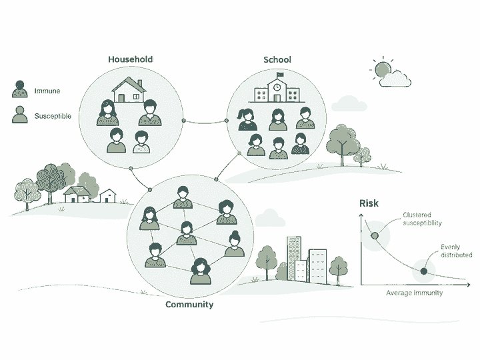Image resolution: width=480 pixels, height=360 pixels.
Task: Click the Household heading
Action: coord(131,59)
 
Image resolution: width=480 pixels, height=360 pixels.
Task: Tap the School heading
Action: coord(277,60)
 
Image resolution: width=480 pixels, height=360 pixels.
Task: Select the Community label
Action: coord(189,305)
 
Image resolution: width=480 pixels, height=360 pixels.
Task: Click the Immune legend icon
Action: coord(19,89)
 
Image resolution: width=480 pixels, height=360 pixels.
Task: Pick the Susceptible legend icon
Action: coord(19,115)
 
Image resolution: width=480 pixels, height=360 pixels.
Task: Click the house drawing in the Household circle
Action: coord(129,89)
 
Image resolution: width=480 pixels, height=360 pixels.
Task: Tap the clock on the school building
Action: coord(277,87)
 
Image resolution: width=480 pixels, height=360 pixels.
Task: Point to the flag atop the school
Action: coord(280,75)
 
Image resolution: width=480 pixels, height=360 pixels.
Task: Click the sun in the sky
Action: coord(383,69)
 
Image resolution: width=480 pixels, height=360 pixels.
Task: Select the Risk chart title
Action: coord(369,203)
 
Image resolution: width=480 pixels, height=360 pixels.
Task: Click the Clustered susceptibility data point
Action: coord(375,236)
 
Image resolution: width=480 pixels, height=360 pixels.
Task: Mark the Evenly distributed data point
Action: coord(424,271)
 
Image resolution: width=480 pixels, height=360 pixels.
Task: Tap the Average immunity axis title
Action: coord(414,293)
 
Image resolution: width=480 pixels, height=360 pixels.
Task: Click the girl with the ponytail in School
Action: coord(247,119)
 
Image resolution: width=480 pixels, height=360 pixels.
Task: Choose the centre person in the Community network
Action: coord(187,233)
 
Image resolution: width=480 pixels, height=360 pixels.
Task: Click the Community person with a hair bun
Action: coord(235,243)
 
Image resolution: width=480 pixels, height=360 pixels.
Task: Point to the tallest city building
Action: coord(294,259)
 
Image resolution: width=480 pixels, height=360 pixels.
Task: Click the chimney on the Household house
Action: coord(140,83)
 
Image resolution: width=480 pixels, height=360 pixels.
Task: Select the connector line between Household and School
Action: coord(205,123)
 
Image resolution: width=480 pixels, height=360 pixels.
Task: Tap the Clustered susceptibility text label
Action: coord(422,219)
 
